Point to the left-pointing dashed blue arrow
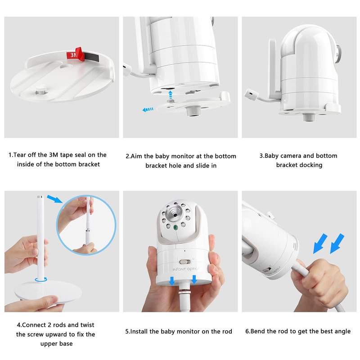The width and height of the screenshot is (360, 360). click(x=148, y=109)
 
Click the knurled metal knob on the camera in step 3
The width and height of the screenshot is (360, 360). click(x=338, y=54)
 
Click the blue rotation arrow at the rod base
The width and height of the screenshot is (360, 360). click(x=41, y=279)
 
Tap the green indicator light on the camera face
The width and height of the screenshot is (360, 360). click(x=175, y=228)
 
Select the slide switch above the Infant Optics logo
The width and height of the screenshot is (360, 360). click(x=185, y=262)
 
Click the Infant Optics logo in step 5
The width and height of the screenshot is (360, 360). click(x=185, y=269)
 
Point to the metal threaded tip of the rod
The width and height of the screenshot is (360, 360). click(x=40, y=197)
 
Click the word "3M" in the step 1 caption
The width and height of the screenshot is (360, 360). click(x=54, y=155)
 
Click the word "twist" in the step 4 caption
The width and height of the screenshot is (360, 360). click(x=87, y=325)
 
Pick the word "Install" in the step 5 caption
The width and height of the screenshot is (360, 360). click(x=139, y=331)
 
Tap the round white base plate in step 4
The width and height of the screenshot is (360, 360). click(x=48, y=292)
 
